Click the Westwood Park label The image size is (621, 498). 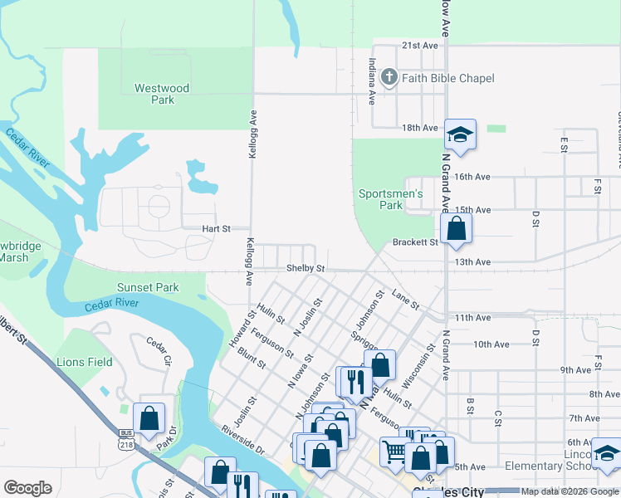(x=163, y=94)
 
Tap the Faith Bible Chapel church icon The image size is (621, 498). (x=389, y=78)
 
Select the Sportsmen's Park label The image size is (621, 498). (x=391, y=199)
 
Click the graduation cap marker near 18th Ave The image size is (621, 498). (x=460, y=134)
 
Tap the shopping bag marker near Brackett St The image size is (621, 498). (x=457, y=228)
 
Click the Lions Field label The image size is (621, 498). (x=84, y=362)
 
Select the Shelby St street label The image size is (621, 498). (x=305, y=269)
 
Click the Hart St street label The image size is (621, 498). (x=215, y=228)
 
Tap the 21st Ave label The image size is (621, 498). (x=419, y=46)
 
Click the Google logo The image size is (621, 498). (x=27, y=487)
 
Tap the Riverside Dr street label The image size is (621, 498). (x=242, y=440)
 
